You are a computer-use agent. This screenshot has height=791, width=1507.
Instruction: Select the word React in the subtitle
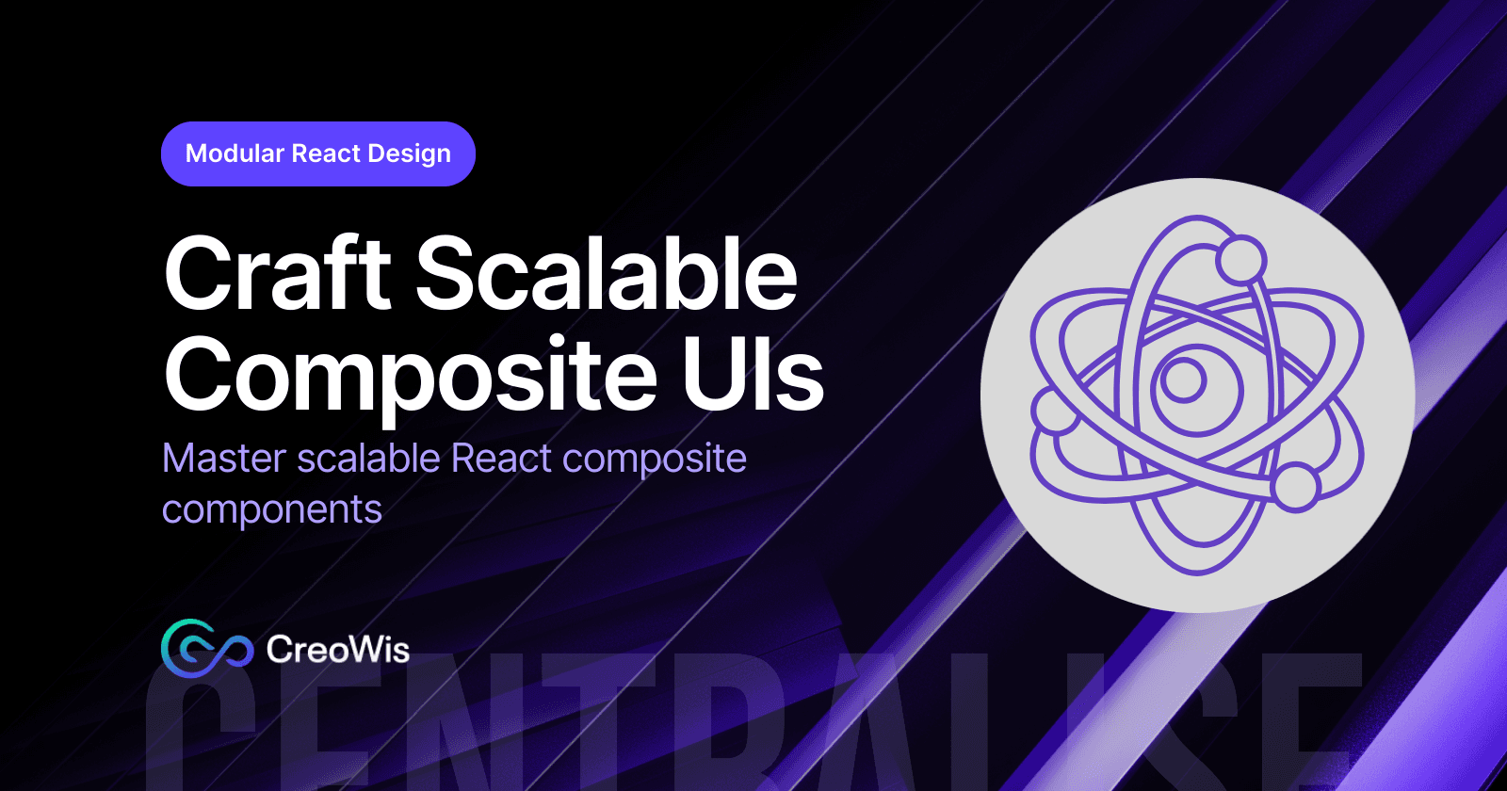pyautogui.click(x=501, y=459)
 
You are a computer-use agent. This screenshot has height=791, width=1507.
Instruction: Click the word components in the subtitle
pyautogui.click(x=271, y=510)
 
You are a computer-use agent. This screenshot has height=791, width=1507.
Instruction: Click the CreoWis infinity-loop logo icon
pyautogui.click(x=206, y=648)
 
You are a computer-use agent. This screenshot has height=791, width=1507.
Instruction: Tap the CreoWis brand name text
pyautogui.click(x=337, y=650)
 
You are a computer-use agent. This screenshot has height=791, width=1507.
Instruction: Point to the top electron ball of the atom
pyautogui.click(x=1240, y=258)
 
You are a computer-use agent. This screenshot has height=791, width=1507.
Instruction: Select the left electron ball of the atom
pyautogui.click(x=1054, y=411)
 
